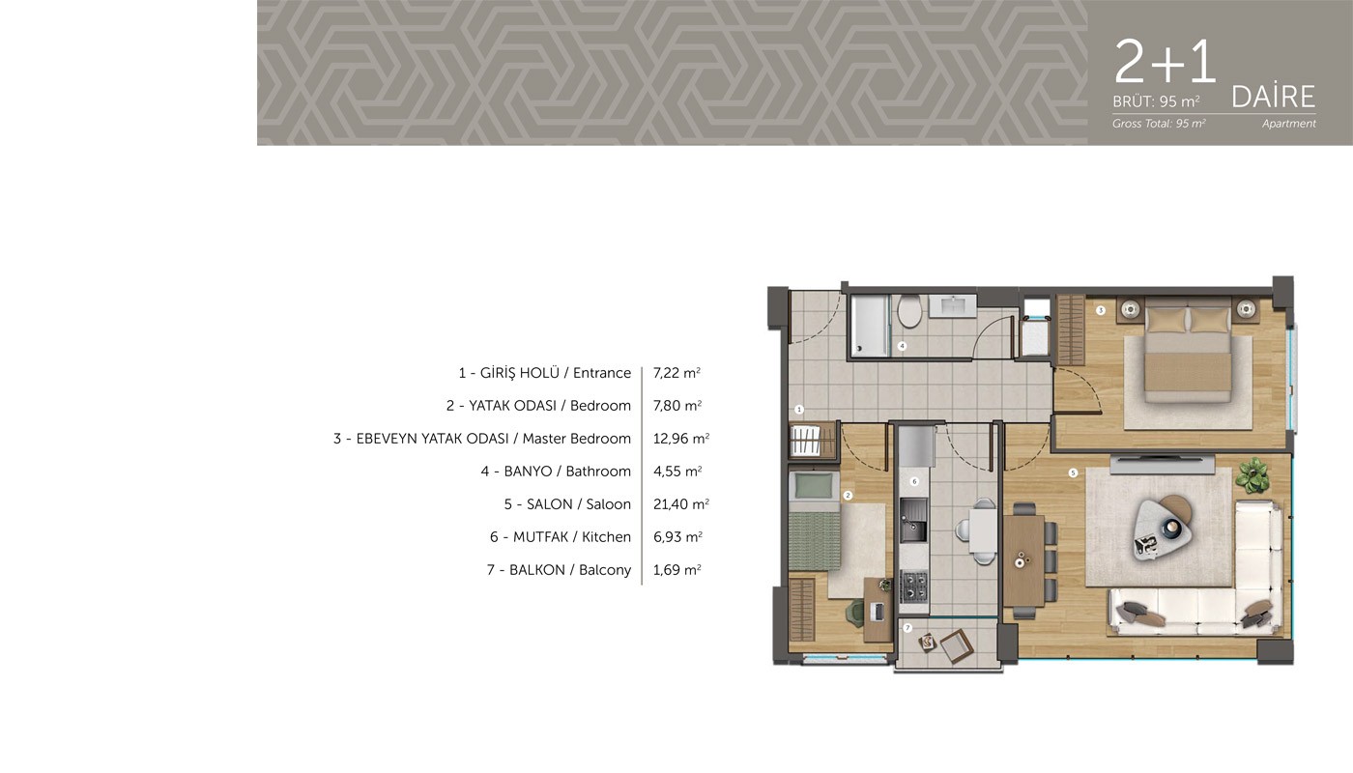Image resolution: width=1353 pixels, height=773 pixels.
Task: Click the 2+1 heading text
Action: [x=1166, y=61]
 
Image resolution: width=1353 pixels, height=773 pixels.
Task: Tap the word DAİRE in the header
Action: [x=1274, y=98]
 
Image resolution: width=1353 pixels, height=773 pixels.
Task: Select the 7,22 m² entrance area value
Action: [x=676, y=373]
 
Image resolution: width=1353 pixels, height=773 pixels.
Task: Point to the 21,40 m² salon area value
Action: [x=680, y=504]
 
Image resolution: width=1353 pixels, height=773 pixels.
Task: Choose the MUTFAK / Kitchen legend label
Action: [x=561, y=537]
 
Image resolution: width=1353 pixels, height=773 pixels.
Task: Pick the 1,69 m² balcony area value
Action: [x=677, y=569]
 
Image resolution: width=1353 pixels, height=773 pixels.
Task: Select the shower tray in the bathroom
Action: [x=870, y=326]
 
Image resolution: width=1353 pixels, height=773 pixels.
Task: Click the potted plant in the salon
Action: [x=1252, y=474]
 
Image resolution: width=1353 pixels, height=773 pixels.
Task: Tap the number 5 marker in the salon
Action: [x=1073, y=472]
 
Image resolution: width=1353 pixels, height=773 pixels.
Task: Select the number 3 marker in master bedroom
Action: [x=1101, y=310]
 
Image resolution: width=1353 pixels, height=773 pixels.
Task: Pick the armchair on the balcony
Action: [x=957, y=645]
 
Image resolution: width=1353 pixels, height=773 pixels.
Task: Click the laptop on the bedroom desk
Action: [x=878, y=611]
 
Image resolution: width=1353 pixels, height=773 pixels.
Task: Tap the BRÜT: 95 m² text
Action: [x=1156, y=100]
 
